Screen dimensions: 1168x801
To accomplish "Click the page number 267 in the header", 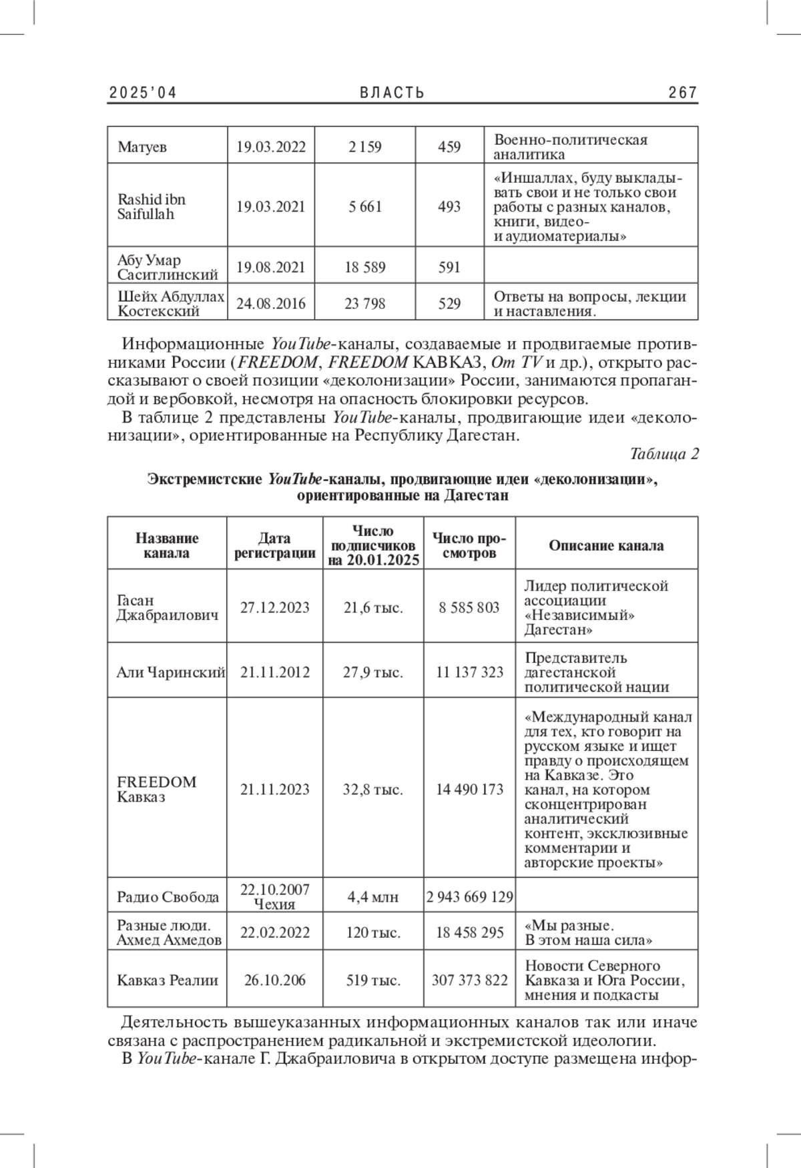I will (x=682, y=93).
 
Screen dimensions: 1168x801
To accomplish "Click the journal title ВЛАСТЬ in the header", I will (x=392, y=93).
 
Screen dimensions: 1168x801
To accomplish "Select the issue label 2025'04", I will (x=143, y=93).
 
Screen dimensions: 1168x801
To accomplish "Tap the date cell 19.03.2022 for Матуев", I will (x=271, y=147).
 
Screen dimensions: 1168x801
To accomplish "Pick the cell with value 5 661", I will (x=365, y=207).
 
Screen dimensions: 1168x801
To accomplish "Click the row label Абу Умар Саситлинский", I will (x=168, y=267).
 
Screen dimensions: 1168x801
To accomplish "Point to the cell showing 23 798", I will (x=365, y=304).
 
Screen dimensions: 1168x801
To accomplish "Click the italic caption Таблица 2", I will (x=664, y=455).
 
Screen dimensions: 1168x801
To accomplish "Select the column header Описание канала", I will (x=606, y=545).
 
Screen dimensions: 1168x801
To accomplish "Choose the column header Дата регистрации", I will (x=274, y=545).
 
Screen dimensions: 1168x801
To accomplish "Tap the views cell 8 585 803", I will (x=469, y=607).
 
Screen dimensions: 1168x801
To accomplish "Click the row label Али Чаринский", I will (x=170, y=672).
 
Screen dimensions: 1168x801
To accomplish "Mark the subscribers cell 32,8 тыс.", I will (x=373, y=790).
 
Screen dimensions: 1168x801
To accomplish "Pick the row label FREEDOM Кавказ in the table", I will (x=157, y=790).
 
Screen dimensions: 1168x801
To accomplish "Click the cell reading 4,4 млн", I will (x=373, y=897).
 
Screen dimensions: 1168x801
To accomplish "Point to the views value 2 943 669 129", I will (x=470, y=897).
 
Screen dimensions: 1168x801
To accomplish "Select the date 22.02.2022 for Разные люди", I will (x=275, y=932).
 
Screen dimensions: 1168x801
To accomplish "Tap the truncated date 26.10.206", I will (x=275, y=980).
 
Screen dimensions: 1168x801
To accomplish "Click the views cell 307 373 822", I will (x=470, y=980).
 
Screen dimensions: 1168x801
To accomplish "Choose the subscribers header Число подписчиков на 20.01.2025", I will (x=373, y=545).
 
